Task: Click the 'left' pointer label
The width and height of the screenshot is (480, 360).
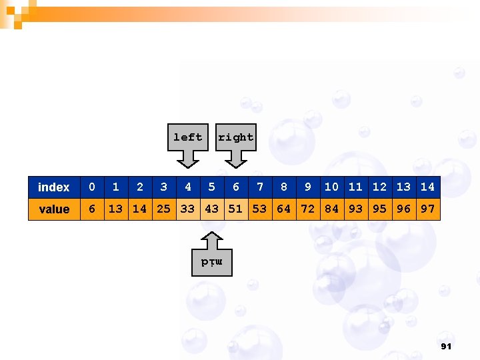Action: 188,137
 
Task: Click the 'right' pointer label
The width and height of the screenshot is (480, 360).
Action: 236,137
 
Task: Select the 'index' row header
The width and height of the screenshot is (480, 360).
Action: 54,187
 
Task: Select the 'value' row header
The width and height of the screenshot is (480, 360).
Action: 54,209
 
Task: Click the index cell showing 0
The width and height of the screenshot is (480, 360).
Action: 92,187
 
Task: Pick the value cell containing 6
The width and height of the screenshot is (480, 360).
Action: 92,209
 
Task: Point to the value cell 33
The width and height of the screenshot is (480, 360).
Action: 188,209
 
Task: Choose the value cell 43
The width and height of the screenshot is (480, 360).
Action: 212,209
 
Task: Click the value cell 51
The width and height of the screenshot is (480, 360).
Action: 236,209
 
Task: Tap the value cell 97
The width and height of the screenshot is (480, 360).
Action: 428,209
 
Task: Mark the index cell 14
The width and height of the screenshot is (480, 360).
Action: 428,187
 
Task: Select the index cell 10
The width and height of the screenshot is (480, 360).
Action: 332,187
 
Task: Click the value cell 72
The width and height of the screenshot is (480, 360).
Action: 308,209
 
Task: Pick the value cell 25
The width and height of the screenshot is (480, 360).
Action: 163,209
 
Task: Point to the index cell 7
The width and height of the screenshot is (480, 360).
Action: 260,187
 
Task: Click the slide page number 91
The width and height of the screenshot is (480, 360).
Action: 447,347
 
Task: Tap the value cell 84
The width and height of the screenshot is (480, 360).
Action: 332,209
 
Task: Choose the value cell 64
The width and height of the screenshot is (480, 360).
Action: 284,209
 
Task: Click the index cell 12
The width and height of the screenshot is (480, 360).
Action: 380,187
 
